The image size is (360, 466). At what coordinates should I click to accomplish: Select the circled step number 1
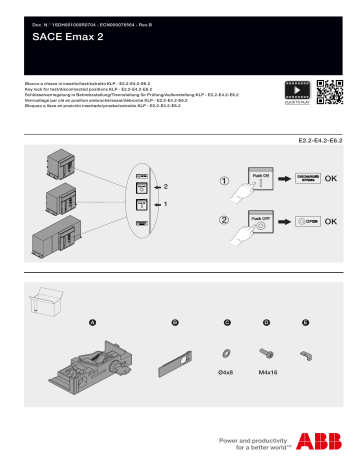pyautogui.click(x=226, y=182)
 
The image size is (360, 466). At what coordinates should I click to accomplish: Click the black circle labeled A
pyautogui.click(x=93, y=322)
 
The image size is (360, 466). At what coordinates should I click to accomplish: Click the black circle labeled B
pyautogui.click(x=175, y=322)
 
